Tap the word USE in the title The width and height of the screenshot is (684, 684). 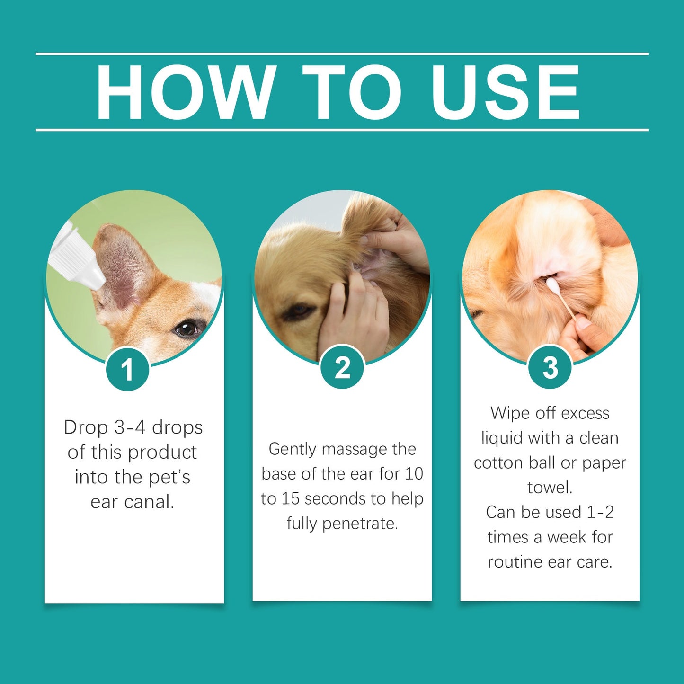(505, 92)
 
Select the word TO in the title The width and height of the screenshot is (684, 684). (351, 92)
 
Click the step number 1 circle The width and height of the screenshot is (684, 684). (127, 369)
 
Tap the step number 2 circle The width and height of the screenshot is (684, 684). (342, 368)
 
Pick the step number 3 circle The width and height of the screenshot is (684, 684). (550, 368)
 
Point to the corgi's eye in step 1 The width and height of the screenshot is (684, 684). (187, 328)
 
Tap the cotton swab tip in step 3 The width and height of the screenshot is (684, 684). (552, 284)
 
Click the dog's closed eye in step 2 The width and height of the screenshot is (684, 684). (297, 311)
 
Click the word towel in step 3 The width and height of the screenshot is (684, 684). (550, 488)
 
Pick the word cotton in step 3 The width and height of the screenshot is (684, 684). (499, 463)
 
